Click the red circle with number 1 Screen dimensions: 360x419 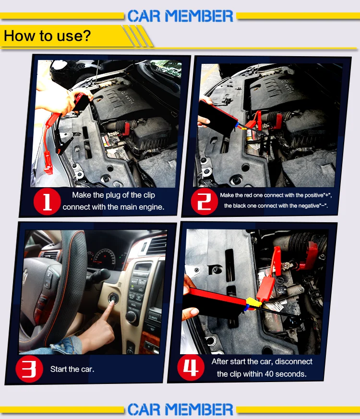(47, 202)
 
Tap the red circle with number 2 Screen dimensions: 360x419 (204, 202)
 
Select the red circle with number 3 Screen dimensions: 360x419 (29, 369)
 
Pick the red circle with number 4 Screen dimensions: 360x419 (191, 368)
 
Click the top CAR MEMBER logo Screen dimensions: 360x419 (180, 16)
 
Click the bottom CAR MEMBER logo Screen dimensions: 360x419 (180, 409)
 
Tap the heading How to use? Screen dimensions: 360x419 (48, 36)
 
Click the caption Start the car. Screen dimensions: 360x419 (72, 369)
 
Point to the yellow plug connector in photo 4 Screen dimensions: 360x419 (253, 303)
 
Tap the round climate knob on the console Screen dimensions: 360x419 (132, 317)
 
